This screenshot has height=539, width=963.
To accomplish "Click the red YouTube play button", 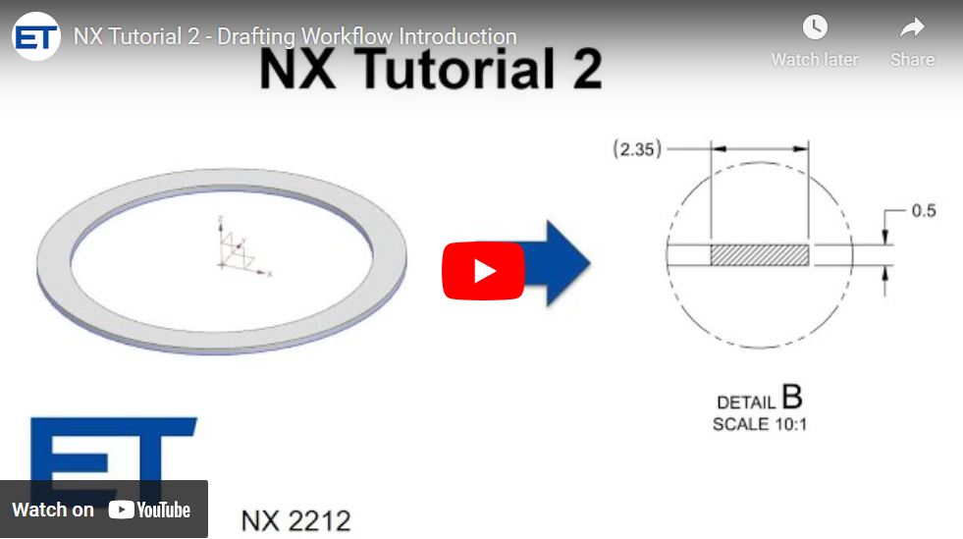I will point(483,270).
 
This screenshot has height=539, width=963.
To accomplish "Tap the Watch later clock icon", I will point(814,27).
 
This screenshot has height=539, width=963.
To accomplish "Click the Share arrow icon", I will point(912,27).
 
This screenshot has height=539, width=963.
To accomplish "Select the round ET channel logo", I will point(36,37).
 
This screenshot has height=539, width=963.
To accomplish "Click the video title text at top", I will point(294,37).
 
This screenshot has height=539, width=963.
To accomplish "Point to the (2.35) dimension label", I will point(637,149).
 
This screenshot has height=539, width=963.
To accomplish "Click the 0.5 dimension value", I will point(923,211).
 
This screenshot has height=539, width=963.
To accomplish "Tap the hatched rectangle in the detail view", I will point(759,254).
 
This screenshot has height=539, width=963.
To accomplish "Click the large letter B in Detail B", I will point(791,398).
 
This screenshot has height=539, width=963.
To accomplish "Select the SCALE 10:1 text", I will point(760,424).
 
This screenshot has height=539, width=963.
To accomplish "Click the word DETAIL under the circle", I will point(746,403).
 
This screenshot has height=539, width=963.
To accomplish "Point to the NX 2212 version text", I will point(295,519).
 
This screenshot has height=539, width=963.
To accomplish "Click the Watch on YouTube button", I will point(103,509).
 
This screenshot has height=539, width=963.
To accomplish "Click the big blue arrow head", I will point(565,263).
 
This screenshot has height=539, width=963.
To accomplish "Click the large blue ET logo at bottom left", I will point(108,452).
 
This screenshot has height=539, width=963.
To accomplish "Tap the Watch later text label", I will point(814,60).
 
